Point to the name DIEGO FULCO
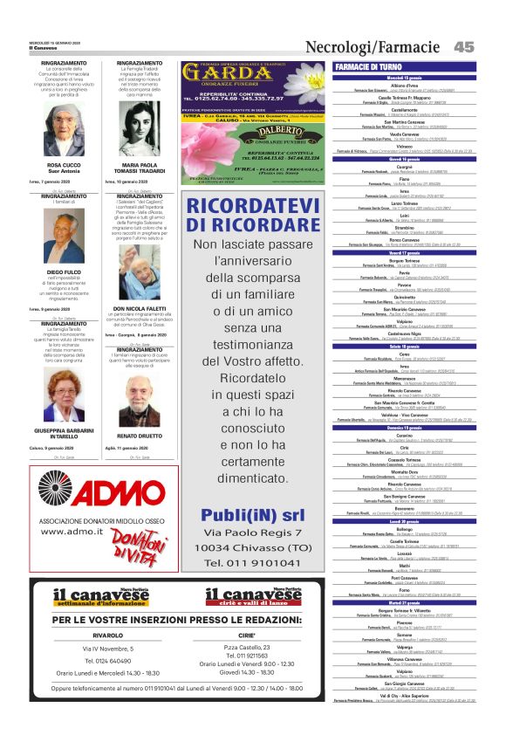64,272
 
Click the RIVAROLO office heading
107,635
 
